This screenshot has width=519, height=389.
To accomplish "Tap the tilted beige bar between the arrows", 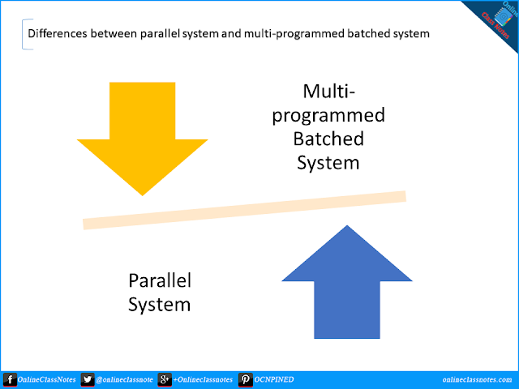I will pyautogui.click(x=243, y=210).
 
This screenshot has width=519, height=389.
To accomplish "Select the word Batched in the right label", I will pyautogui.click(x=328, y=138).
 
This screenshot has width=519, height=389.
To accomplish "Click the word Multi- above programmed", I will pyautogui.click(x=328, y=91).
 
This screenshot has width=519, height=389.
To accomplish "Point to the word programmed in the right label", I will pyautogui.click(x=328, y=114).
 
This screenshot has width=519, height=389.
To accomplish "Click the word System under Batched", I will pyautogui.click(x=328, y=162).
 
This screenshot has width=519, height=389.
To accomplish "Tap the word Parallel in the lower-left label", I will pyautogui.click(x=160, y=280).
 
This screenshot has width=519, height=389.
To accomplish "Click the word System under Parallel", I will pyautogui.click(x=160, y=305).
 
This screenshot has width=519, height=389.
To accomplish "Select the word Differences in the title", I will pyautogui.click(x=58, y=35).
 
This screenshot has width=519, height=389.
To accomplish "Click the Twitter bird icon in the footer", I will pyautogui.click(x=88, y=379).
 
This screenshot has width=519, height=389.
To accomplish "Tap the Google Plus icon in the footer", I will pyautogui.click(x=164, y=379).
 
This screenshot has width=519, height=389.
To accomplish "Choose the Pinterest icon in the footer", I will pyautogui.click(x=243, y=379).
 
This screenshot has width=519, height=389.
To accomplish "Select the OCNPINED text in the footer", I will pyautogui.click(x=275, y=379).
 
